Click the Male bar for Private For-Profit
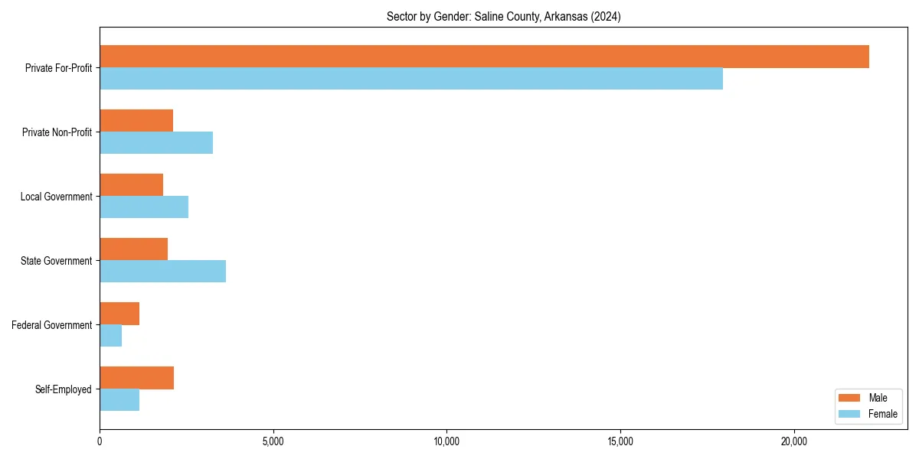484,57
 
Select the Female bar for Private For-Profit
411,79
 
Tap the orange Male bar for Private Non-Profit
136,121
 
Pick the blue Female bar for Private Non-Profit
156,143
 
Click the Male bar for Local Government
131,185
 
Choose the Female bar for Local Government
144,207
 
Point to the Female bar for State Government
162,272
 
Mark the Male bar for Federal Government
119,314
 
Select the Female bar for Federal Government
110,336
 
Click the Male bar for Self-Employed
136,378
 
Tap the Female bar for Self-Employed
119,400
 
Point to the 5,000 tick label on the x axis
273,441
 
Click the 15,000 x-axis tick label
620,441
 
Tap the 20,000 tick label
793,441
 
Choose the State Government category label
56,261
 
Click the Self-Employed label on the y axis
63,389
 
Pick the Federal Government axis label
52,325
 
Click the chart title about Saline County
503,16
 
